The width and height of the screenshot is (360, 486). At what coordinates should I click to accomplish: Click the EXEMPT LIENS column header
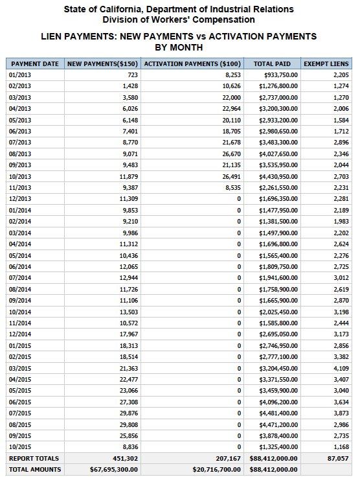point(326,64)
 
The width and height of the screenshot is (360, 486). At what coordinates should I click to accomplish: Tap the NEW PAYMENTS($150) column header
point(102,64)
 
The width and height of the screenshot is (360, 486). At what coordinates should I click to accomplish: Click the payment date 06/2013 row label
point(20,132)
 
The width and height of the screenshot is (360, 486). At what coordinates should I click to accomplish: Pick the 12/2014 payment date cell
point(20,334)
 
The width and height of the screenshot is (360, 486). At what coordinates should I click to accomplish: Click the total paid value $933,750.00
point(279,75)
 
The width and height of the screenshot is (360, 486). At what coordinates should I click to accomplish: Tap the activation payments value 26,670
point(229,154)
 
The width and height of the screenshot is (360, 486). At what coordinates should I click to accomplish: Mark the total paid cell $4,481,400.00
point(278,412)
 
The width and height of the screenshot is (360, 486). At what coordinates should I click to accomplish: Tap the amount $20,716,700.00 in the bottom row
point(217,469)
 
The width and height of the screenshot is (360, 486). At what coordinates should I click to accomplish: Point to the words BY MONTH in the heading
point(179,47)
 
